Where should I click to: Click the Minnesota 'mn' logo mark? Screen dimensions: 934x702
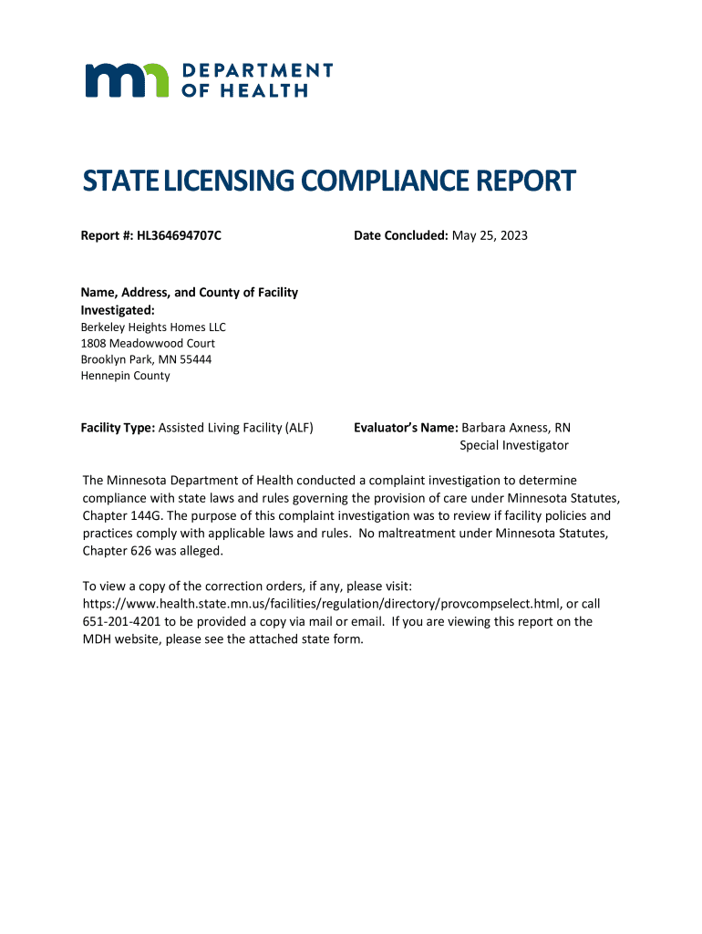127,80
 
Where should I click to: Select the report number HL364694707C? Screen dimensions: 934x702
180,236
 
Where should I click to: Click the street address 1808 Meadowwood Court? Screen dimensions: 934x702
148,343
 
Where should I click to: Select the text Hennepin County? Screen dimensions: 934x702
125,376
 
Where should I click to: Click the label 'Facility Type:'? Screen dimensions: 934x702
119,428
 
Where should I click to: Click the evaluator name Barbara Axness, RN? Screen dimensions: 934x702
516,428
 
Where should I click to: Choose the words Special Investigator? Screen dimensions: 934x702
513,445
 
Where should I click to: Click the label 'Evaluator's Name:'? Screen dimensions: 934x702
406,428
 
